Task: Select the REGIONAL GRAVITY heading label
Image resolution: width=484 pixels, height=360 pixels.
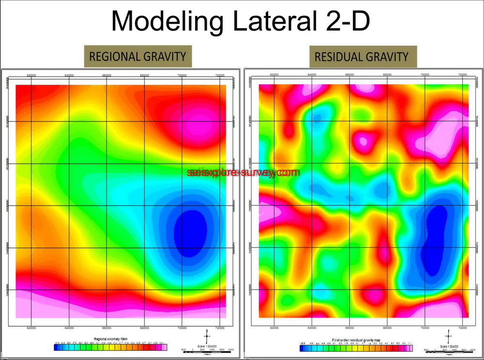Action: tap(138, 56)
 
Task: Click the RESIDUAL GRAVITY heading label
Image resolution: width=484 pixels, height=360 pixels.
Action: tap(362, 57)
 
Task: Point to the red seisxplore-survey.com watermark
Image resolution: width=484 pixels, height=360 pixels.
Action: tap(242, 172)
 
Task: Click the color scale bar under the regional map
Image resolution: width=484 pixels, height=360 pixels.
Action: tap(111, 347)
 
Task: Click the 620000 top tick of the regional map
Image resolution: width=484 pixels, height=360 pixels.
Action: tap(32, 75)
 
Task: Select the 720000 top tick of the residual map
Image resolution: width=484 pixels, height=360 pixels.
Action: tap(463, 75)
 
